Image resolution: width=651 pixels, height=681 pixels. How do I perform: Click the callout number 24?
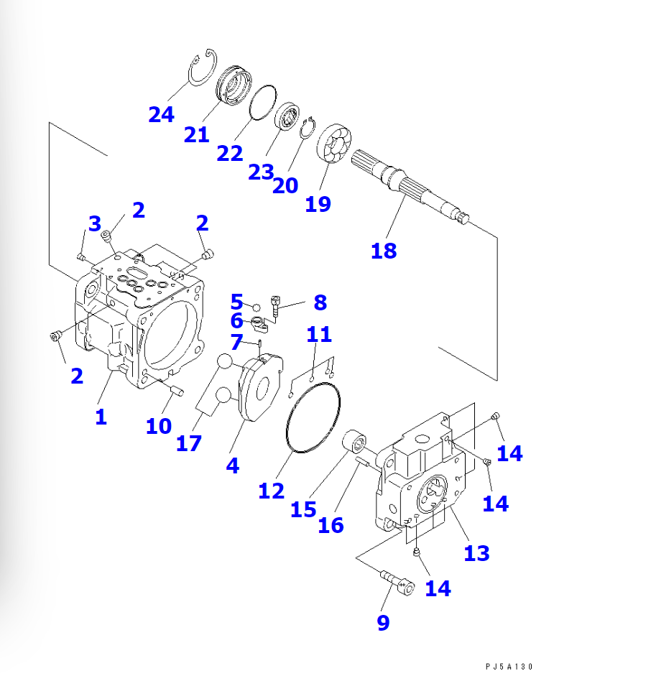[x=161, y=115]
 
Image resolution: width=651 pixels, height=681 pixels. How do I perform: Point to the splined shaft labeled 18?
[x=410, y=187]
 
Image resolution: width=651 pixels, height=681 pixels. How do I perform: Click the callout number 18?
[x=384, y=251]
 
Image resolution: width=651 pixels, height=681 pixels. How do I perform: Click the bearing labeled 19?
[x=333, y=144]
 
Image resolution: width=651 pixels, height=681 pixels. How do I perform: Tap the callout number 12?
[x=271, y=491]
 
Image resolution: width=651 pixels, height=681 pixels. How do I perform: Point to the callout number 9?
[x=383, y=623]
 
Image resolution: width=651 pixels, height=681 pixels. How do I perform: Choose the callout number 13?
[x=476, y=553]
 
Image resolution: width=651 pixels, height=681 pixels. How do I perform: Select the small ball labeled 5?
[x=257, y=307]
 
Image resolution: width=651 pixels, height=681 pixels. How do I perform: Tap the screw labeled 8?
[x=275, y=306]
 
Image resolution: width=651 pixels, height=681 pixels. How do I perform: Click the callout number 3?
[x=95, y=223]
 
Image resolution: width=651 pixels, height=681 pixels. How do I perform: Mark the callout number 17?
[x=188, y=443]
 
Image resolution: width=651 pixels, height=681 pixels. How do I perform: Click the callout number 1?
[x=101, y=417]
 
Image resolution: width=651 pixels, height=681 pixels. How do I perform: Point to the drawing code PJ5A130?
[x=509, y=667]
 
